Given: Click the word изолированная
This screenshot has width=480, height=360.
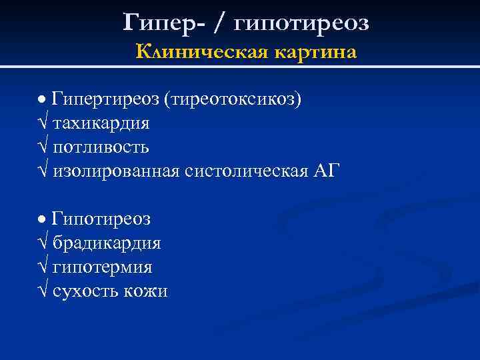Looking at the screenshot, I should point(116,171).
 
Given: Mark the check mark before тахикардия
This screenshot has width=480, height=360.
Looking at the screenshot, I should point(43,124).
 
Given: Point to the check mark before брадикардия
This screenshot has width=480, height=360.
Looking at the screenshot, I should point(43,243).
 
